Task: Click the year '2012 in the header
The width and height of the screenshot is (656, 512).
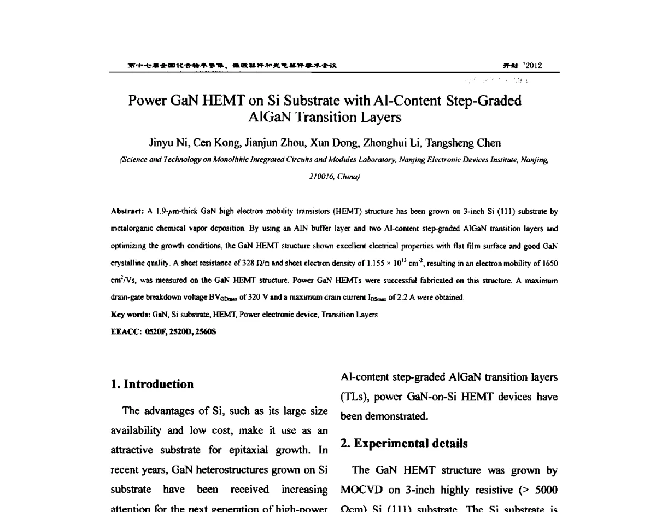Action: tap(532, 66)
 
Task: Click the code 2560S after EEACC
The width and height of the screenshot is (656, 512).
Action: tap(206, 331)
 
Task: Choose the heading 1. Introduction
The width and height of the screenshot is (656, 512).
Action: tap(152, 385)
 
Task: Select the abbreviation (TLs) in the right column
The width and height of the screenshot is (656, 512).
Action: tap(356, 398)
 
